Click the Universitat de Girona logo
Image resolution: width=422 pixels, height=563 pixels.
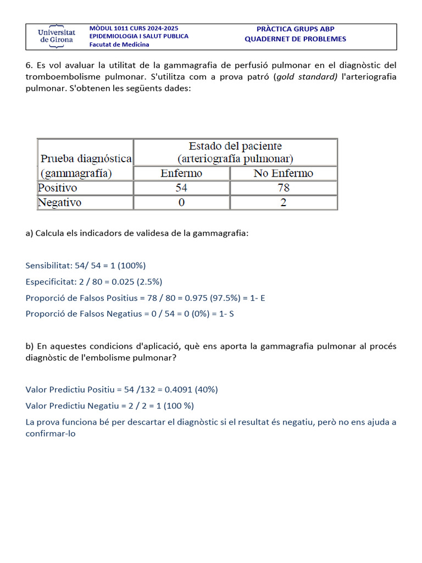coord(57,36)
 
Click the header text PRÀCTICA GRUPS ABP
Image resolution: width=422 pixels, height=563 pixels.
coord(295,29)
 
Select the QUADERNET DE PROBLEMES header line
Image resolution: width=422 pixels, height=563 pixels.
coord(295,39)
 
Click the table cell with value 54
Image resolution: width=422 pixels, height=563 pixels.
coord(181,188)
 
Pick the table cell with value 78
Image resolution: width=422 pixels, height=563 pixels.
coord(283,188)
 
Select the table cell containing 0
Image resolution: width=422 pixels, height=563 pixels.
coord(181,203)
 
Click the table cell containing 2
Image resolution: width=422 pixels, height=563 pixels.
coord(283,203)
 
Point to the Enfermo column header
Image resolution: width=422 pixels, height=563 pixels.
coord(181,173)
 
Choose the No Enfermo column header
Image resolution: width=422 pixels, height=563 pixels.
coord(283,173)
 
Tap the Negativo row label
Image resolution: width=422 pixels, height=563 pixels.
coord(59,203)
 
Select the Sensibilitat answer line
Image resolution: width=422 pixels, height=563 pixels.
coord(86,266)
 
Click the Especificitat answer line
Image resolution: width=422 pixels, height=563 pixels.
coord(94,282)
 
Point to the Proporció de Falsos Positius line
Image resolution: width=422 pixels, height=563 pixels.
coord(146,298)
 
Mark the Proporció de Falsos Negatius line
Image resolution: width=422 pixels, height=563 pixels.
coord(130,314)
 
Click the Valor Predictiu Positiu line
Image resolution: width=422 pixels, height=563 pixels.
coord(122,390)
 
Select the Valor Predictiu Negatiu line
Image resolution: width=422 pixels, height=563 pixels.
coord(110,406)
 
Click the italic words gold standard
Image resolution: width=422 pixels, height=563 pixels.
coord(307,77)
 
